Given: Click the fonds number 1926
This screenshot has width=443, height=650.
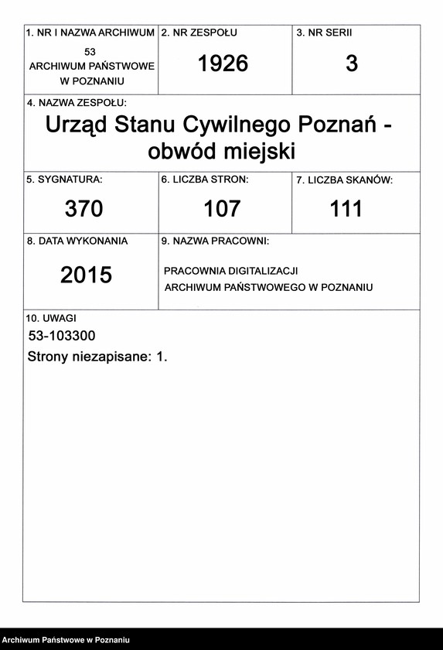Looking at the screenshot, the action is [223, 64].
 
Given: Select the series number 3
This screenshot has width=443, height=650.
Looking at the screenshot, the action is [352, 64].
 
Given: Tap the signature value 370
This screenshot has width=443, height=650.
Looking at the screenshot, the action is [83, 208].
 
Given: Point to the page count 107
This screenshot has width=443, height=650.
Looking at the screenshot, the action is [222, 208].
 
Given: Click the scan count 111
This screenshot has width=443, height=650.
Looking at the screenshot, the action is [346, 208].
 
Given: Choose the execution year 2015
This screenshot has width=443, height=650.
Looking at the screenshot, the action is [86, 275].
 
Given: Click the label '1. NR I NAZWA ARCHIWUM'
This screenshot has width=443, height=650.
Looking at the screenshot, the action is [90, 33].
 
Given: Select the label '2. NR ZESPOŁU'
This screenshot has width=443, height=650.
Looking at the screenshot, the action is [199, 33].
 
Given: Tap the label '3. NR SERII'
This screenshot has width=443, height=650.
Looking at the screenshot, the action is [324, 33].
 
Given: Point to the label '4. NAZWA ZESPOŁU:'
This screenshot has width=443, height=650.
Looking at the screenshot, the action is [77, 103].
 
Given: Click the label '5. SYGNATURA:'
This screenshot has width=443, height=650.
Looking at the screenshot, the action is [64, 180].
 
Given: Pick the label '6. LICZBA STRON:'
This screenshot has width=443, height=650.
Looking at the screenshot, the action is [205, 180].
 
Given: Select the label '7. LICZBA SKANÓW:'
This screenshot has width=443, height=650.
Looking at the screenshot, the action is [345, 180].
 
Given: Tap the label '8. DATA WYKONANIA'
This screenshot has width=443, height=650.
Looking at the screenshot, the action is [77, 241].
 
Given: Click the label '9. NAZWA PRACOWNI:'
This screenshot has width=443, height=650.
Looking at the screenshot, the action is [215, 241].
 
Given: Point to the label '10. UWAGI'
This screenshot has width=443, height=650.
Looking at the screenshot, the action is [51, 317].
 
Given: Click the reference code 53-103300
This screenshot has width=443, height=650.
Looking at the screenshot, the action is [62, 336].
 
